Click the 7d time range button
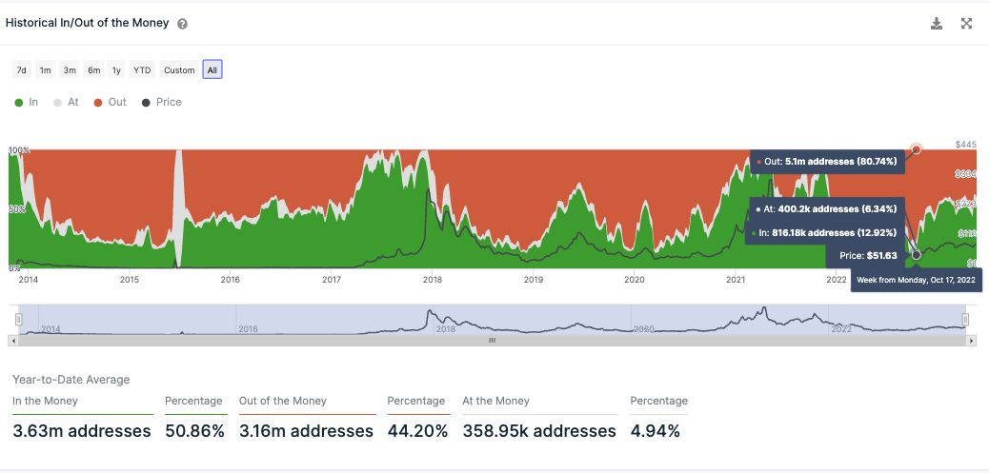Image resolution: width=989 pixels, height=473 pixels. point(22,69)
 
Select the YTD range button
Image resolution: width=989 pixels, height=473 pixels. point(142,69)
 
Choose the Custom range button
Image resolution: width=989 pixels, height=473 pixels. point(179,69)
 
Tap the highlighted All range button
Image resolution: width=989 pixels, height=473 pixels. point(212,69)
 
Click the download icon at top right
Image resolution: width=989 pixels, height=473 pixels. point(937,24)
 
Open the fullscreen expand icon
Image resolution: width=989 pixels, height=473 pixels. point(966,24)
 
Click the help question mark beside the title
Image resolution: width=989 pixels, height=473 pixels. point(183,24)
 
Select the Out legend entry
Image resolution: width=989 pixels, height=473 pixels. point(111,102)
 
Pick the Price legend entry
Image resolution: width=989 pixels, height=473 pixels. point(162,102)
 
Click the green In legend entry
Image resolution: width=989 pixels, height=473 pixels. point(27,102)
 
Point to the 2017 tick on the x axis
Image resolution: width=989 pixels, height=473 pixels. point(332,280)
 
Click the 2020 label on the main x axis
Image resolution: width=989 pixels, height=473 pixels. point(635,280)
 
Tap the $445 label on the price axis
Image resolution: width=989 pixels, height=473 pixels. point(966,145)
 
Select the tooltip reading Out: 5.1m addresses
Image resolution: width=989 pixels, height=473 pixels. point(827,162)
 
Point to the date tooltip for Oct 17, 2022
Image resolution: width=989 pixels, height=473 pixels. point(916,280)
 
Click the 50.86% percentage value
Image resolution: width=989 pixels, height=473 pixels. point(194,431)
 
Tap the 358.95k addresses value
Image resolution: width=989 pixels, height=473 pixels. point(539,431)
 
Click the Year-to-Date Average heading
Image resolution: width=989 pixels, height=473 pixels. point(71,380)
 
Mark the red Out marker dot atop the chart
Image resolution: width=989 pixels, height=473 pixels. point(917,149)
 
